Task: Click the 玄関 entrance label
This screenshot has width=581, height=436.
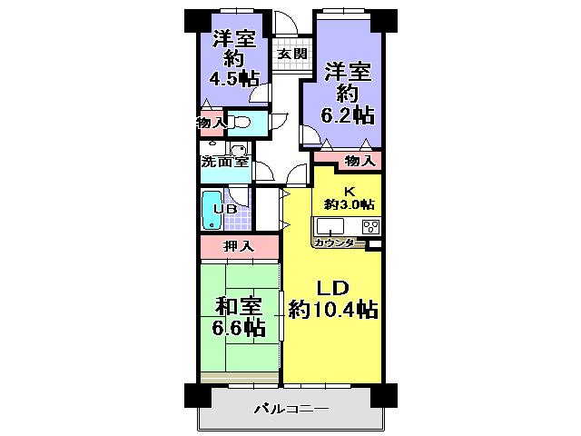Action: pos(290,54)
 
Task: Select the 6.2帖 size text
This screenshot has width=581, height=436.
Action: pos(350,115)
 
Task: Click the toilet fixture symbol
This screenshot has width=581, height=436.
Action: pos(241,121)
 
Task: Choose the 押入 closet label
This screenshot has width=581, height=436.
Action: pos(239,246)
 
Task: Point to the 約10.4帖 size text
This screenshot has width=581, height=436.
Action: pos(333,311)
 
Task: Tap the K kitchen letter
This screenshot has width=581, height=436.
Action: pos(348,190)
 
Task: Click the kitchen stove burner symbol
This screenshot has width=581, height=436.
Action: pos(369,227)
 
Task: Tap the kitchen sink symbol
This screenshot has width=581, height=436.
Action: pos(330,226)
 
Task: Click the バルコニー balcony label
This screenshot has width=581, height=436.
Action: pos(290,410)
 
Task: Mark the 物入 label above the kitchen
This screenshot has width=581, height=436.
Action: pos(359,162)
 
